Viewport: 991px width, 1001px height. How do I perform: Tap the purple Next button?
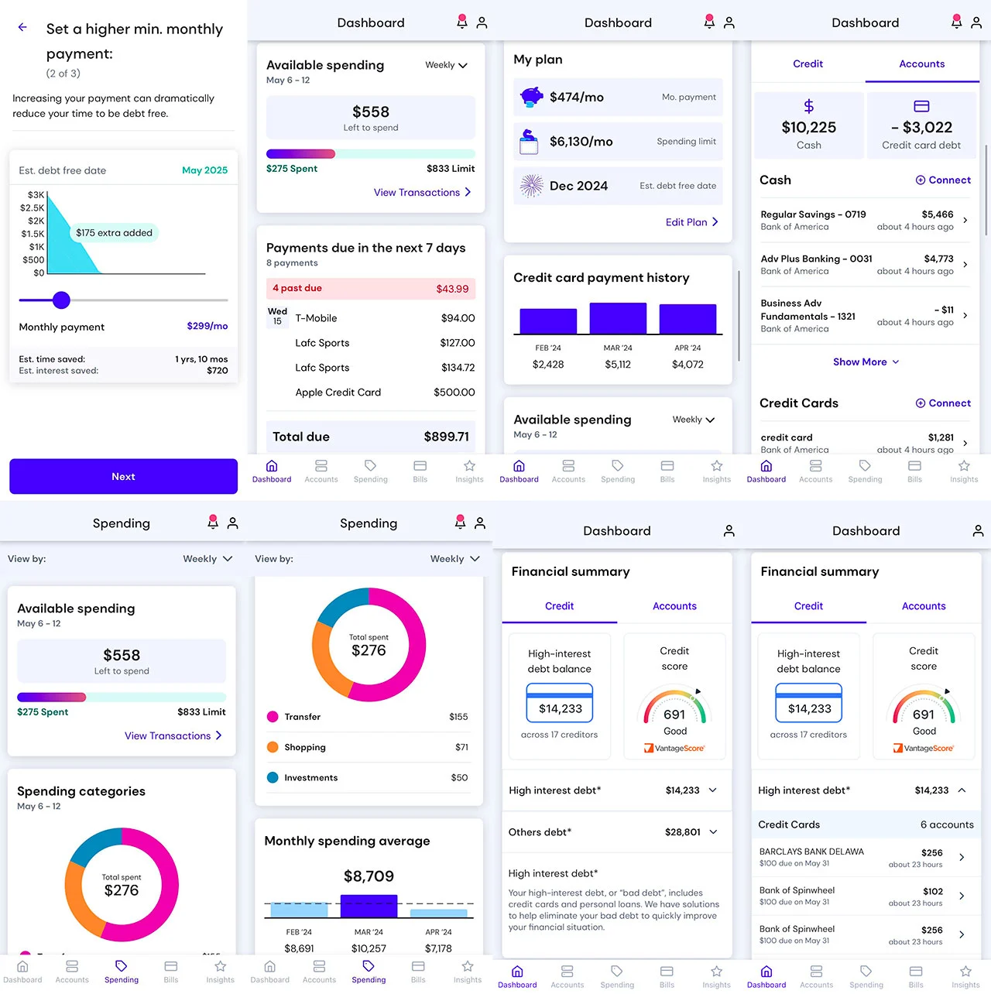coord(123,477)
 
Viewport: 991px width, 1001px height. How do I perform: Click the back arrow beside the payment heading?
coord(22,27)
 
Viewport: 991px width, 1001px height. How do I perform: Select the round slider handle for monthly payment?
coord(62,300)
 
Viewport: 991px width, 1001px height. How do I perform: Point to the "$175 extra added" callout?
coord(114,233)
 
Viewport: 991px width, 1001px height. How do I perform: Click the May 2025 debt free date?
coord(204,170)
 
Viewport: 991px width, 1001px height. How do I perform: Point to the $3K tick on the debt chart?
coord(36,195)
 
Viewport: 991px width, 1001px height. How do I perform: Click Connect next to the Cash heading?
coord(942,180)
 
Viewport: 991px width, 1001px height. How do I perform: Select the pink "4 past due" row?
coord(370,289)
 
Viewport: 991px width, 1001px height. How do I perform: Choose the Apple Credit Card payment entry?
coord(370,393)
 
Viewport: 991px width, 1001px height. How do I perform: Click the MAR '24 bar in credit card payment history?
coord(618,318)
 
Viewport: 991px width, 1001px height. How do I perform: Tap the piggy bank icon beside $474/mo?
coord(531,97)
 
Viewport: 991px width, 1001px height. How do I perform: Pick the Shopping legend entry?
coord(304,748)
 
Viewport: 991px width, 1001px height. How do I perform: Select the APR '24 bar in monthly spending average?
coord(438,912)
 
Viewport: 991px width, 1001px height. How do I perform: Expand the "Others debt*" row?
coord(616,832)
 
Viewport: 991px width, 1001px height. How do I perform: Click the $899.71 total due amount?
coord(446,437)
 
